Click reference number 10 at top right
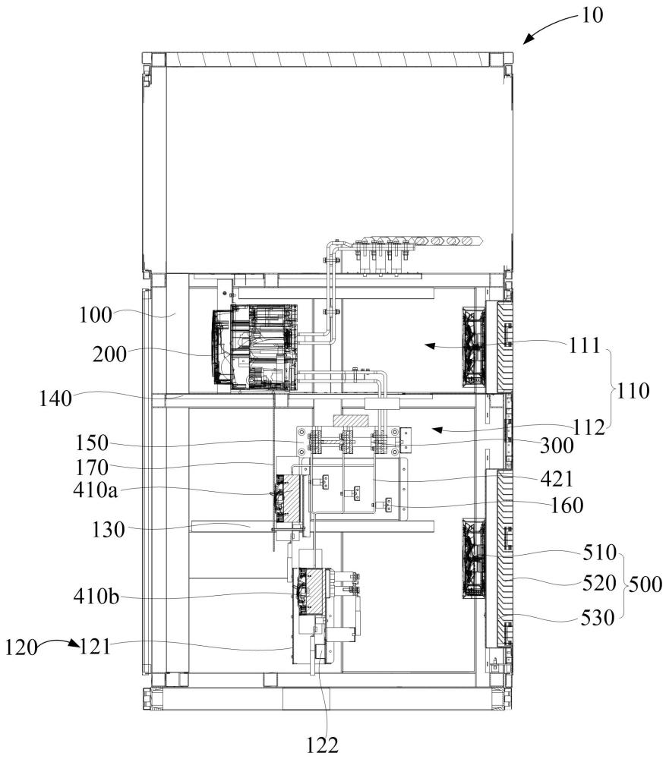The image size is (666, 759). tap(592, 15)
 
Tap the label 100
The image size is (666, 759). tap(96, 315)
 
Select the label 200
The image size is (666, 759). tap(109, 354)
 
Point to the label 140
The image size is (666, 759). tap(55, 399)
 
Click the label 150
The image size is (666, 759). tap(92, 443)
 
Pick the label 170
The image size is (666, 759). tap(92, 468)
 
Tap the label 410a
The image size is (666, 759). tap(96, 490)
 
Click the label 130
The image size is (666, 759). tap(109, 530)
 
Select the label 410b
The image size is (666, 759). tap(96, 597)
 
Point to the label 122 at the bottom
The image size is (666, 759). tap(323, 745)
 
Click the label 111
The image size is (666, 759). tap(585, 345)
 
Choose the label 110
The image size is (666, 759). tap(633, 391)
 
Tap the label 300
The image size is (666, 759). tap(557, 446)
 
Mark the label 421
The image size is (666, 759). tap(557, 479)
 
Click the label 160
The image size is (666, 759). tap(567, 505)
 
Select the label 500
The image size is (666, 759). tap(645, 584)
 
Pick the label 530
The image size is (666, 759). tap(598, 618)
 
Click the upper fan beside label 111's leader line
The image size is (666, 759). tap(473, 347)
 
